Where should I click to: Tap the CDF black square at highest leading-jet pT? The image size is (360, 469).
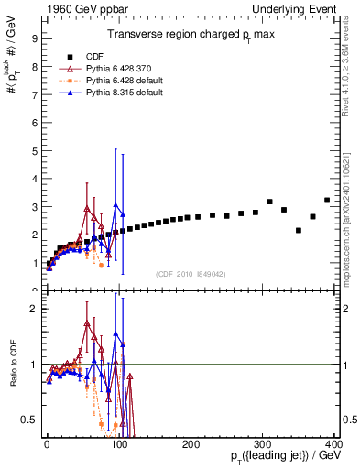click(x=327, y=200)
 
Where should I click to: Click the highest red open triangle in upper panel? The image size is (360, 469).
click(x=87, y=209)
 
